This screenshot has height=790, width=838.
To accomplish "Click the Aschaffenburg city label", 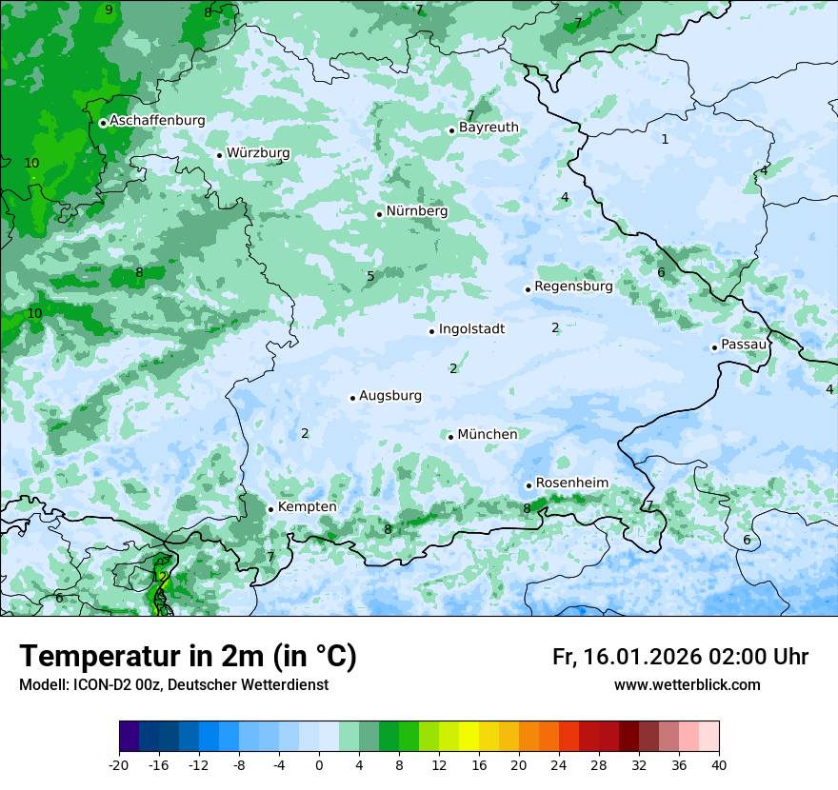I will (157, 121).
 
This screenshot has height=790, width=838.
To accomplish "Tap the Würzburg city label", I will (258, 153).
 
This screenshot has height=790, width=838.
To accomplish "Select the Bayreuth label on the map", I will (489, 128).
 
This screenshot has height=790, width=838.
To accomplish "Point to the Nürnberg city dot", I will (379, 214).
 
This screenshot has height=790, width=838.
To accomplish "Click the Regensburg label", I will (573, 286).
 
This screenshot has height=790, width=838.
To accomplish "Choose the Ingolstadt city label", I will (471, 329).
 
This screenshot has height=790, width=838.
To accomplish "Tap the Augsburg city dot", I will (352, 398).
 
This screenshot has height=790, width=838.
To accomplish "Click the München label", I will (488, 435).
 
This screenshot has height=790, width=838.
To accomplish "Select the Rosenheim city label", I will (571, 484).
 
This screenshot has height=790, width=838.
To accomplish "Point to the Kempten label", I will (307, 507).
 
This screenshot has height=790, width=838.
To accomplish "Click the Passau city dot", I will (714, 347).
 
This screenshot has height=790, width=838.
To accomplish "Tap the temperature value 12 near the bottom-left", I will (160, 577).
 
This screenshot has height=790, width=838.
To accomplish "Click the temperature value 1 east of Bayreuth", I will (665, 140).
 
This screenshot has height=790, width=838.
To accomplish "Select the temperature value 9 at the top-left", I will (109, 10).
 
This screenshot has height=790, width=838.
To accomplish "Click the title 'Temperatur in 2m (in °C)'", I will (188, 657).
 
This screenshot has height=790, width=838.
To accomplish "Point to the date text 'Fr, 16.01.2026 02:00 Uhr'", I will (680, 657).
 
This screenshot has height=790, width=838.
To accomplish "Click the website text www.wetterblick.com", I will (687, 685).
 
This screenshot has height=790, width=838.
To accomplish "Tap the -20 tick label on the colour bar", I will (119, 764).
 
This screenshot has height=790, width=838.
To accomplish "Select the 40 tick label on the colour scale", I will (719, 764).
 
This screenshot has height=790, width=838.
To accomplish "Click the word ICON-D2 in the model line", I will (96, 685).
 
